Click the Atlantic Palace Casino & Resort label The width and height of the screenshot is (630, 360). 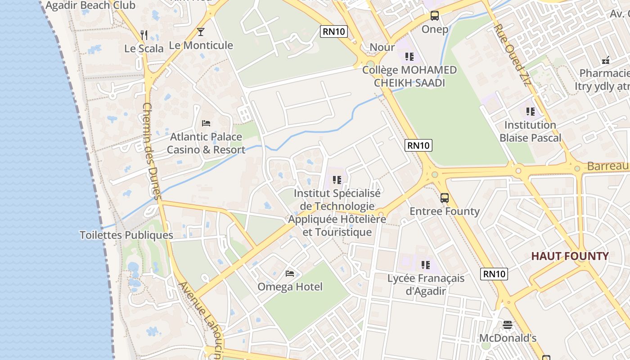(x=206, y=143)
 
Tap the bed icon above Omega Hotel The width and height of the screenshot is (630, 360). (x=290, y=273)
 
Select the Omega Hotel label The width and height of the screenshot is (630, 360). (x=290, y=287)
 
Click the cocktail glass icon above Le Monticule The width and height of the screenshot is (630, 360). (x=201, y=32)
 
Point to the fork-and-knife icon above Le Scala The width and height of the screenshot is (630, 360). (x=144, y=35)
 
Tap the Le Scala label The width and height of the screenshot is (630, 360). (x=144, y=49)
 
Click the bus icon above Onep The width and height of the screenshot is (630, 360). (x=435, y=16)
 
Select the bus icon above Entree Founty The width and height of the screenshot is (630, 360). (x=445, y=198)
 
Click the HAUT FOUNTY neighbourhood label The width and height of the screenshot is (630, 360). (x=570, y=256)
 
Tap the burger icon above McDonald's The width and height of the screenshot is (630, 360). (x=508, y=324)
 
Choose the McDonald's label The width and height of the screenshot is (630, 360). (x=508, y=338)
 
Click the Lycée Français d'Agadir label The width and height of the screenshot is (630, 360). (x=426, y=284)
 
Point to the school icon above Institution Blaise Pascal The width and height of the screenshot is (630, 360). (x=531, y=111)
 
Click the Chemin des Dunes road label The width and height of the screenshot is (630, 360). (x=152, y=151)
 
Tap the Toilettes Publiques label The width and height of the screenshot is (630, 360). (x=126, y=235)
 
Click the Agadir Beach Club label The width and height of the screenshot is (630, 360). (x=90, y=5)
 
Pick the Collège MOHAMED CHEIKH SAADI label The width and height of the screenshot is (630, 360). (x=409, y=76)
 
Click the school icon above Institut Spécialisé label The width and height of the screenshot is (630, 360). (x=337, y=180)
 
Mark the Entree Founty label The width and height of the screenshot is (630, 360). (x=445, y=211)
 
